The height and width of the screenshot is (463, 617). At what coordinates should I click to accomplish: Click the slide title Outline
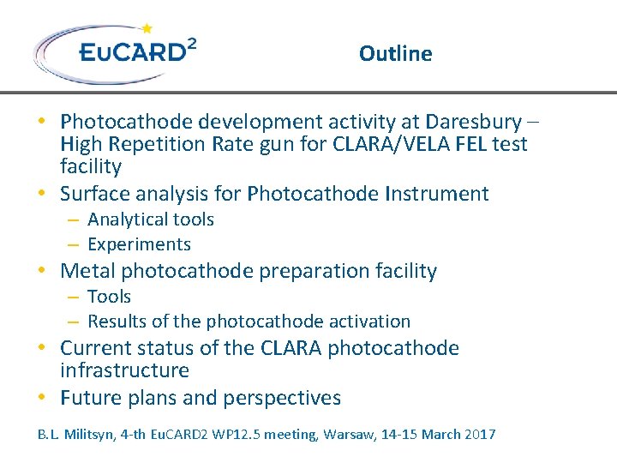tap(395, 53)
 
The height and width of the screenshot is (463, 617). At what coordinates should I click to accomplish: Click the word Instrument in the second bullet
tap(438, 194)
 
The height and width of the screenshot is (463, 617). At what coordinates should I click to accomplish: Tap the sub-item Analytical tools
tap(151, 219)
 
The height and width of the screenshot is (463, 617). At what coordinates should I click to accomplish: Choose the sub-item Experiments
tap(139, 244)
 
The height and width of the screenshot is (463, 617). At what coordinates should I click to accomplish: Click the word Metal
tap(87, 271)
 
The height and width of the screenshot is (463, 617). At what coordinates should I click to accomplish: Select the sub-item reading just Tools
tap(109, 297)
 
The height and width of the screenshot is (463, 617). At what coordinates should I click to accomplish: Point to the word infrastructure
tap(124, 370)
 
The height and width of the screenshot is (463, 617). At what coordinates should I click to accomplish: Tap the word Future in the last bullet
tap(90, 398)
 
